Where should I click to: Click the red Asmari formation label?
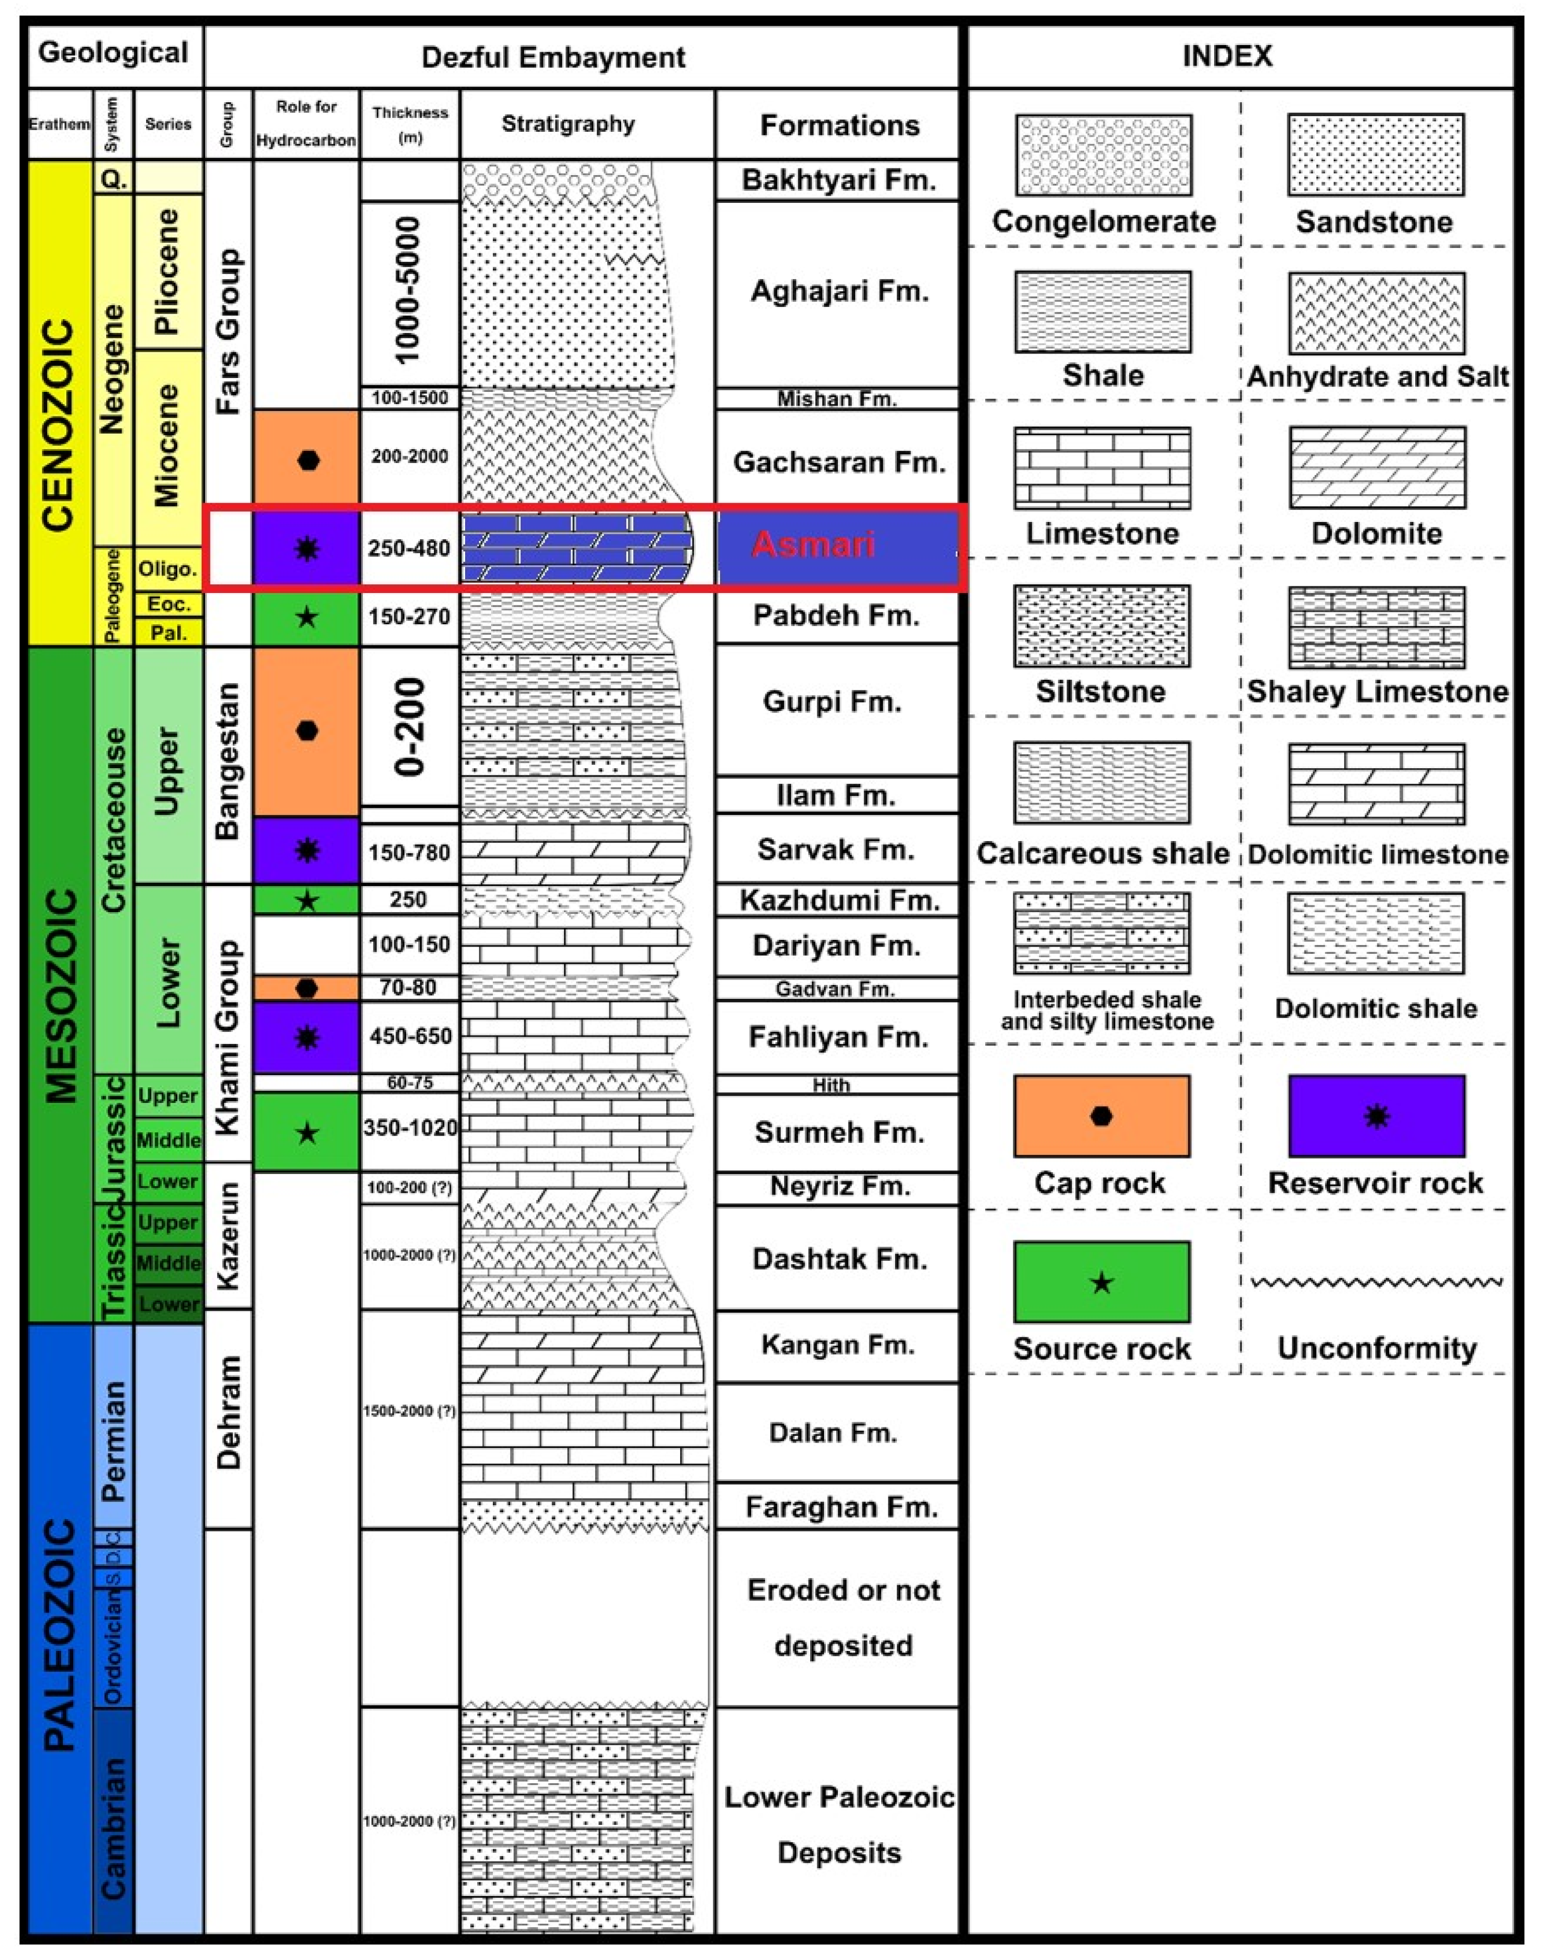click(813, 545)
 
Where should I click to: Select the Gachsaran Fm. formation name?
click(838, 462)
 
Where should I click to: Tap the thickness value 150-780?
click(410, 852)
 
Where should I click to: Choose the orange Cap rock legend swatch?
click(1101, 1116)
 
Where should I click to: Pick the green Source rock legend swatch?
click(1101, 1282)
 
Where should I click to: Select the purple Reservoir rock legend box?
click(1376, 1116)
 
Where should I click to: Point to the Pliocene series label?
click(168, 272)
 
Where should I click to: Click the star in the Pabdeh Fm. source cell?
click(307, 618)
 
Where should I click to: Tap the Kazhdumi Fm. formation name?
click(838, 900)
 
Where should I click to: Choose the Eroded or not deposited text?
click(843, 1618)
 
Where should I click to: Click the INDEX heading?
click(1227, 56)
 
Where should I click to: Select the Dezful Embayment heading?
click(553, 58)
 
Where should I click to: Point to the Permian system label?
click(113, 1441)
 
